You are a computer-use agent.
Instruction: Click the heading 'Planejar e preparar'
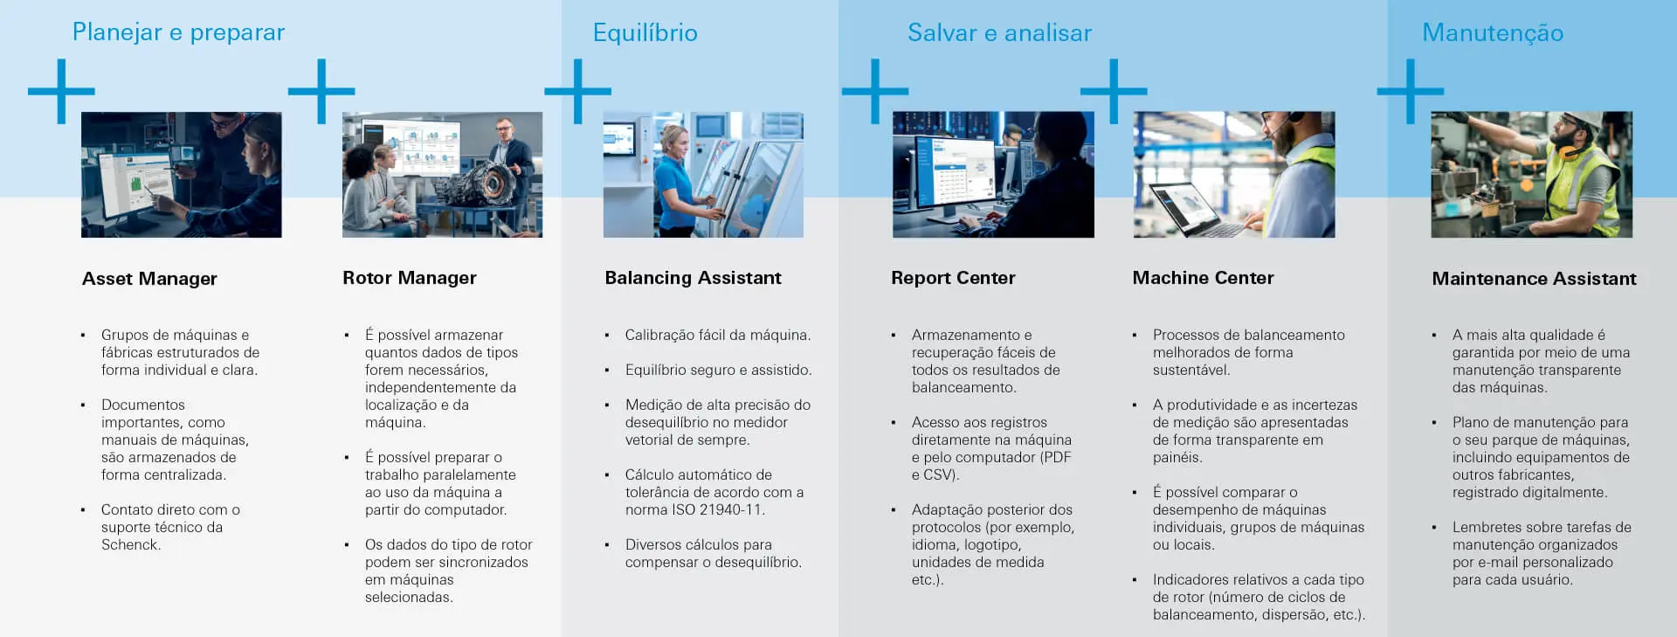[x=178, y=32]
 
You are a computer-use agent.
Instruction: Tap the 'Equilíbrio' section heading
[x=645, y=32]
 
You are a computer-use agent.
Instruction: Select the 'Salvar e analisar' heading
[x=999, y=32]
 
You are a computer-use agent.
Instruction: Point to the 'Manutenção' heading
[x=1493, y=33]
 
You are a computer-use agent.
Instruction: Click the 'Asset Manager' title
[x=149, y=279]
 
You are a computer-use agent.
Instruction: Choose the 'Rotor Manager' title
[x=410, y=278]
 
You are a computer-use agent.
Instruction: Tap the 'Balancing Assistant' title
[x=694, y=278]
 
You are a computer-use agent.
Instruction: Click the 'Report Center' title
[x=953, y=278]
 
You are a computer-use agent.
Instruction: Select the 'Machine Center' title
[x=1203, y=278]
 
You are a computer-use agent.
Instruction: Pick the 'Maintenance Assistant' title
[x=1534, y=279]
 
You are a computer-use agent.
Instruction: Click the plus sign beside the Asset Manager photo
[x=61, y=91]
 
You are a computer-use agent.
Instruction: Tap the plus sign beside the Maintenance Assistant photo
[x=1410, y=91]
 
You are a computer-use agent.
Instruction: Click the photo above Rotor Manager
[x=442, y=175]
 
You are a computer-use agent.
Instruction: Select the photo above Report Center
[x=993, y=175]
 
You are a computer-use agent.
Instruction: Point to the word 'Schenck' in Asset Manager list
[x=129, y=544]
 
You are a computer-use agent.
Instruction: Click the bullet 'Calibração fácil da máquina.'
[x=718, y=335]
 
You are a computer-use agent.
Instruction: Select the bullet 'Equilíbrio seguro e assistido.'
[x=718, y=370]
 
